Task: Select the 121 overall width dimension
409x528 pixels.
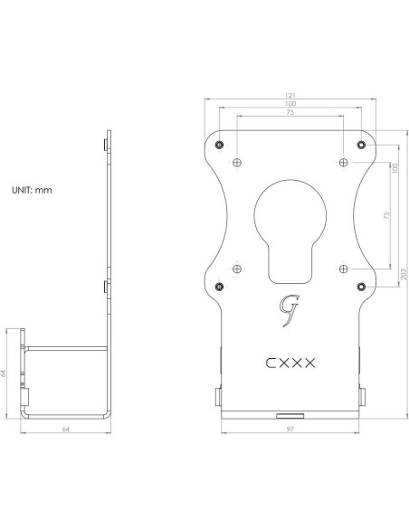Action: [290, 94]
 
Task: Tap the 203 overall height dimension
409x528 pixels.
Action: [403, 276]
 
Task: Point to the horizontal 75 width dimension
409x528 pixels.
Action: [290, 113]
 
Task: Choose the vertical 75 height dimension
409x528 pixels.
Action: [386, 216]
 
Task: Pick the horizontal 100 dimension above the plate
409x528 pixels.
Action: [290, 104]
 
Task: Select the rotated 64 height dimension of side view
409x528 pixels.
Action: [7, 372]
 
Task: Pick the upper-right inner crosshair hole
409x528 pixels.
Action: [344, 161]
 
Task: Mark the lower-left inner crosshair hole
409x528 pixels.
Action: [236, 268]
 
